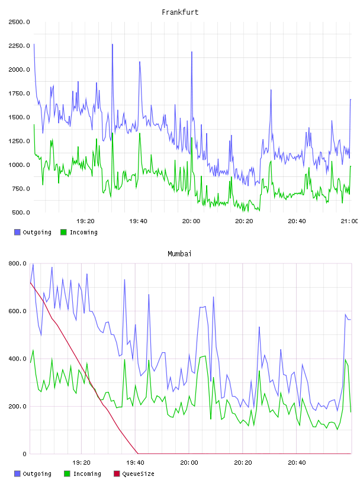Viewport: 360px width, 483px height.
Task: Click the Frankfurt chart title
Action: click(x=180, y=12)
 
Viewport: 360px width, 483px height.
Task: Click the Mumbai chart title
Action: click(x=179, y=254)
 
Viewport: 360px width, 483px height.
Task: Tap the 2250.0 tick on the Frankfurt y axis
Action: click(x=19, y=46)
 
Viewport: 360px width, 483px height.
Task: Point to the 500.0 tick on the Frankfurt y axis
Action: click(x=21, y=212)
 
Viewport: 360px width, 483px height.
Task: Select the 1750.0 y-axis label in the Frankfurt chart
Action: click(x=19, y=94)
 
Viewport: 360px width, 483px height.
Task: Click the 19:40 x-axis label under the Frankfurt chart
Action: click(x=138, y=221)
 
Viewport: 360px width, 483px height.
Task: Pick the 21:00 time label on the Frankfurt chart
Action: click(x=349, y=221)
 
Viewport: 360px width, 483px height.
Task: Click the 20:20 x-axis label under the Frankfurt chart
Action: click(x=244, y=221)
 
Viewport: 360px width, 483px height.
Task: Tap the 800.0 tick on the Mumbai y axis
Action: click(x=17, y=263)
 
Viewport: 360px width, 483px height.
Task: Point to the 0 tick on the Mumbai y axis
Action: click(x=24, y=454)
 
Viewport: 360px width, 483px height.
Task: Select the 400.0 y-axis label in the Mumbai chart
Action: click(x=17, y=359)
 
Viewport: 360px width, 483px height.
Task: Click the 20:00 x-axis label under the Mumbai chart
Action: click(x=189, y=463)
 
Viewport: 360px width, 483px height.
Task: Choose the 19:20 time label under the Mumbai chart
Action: click(x=81, y=463)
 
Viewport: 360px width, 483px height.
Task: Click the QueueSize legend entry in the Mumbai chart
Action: click(x=134, y=474)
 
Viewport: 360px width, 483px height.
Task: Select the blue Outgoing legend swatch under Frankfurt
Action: click(x=17, y=232)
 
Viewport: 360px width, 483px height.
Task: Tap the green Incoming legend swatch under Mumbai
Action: click(x=67, y=474)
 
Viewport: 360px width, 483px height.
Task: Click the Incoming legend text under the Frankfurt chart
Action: click(x=83, y=232)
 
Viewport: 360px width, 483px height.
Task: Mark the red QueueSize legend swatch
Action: click(x=117, y=474)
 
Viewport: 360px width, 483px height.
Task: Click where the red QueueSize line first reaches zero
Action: click(x=138, y=454)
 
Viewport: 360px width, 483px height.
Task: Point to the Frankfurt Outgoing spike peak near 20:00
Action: click(x=192, y=51)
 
